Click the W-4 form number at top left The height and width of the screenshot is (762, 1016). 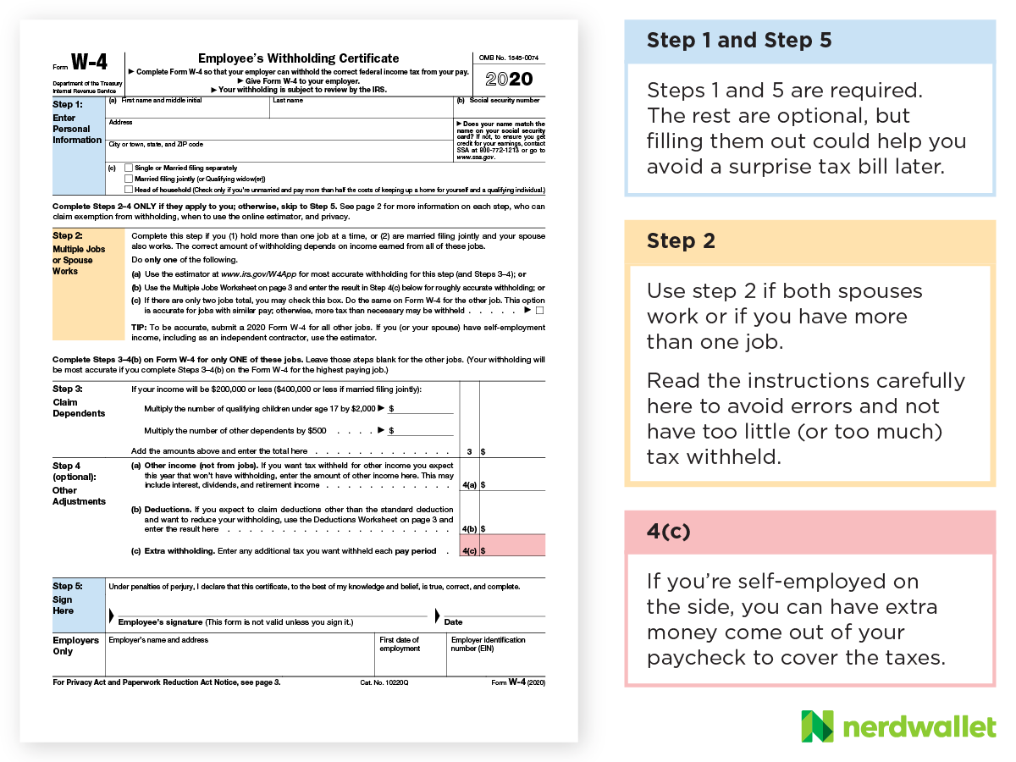(x=87, y=63)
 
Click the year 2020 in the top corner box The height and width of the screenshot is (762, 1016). (x=510, y=80)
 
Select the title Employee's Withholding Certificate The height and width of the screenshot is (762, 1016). (x=298, y=58)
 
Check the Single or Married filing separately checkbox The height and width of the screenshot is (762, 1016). (x=129, y=168)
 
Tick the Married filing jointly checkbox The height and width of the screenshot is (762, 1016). (x=129, y=179)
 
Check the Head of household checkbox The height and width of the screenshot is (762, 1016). (x=129, y=190)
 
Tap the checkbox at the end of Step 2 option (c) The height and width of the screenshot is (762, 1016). (x=540, y=311)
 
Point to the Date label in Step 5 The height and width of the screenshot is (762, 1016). (x=454, y=622)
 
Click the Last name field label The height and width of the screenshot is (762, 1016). (x=287, y=100)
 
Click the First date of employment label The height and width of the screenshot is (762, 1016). (x=400, y=644)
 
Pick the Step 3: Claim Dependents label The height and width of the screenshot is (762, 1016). (x=79, y=401)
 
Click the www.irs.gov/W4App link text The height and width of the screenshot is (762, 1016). (x=261, y=274)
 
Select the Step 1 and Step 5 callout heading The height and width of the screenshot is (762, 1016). (x=739, y=41)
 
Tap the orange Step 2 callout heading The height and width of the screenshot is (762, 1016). (x=682, y=241)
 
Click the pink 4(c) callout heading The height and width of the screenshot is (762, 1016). (x=669, y=532)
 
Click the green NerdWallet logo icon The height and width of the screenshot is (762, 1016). (x=817, y=726)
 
